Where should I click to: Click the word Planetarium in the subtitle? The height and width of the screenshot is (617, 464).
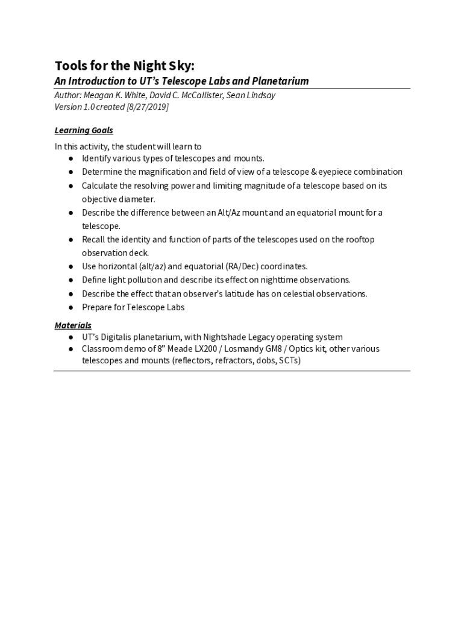(280, 81)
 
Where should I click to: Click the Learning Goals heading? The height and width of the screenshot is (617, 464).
(84, 130)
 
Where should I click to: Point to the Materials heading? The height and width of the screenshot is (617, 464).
(73, 325)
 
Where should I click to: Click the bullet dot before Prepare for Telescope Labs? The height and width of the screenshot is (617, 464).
(71, 308)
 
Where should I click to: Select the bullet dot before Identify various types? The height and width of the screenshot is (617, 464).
(71, 158)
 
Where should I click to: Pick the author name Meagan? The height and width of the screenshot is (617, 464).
(96, 95)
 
